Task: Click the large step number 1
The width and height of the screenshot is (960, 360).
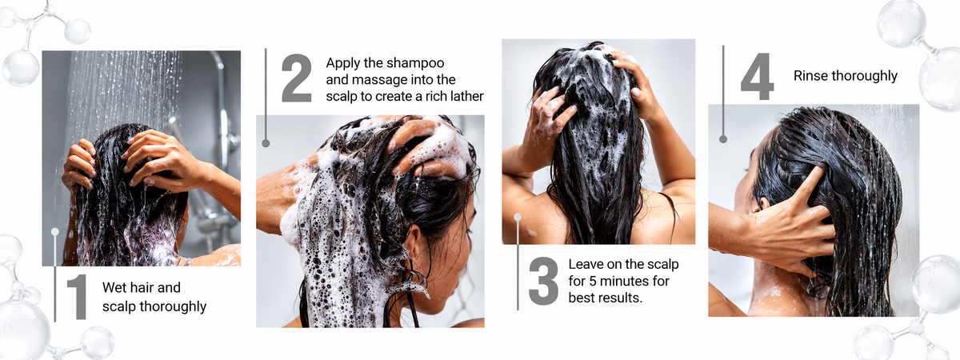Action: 78,297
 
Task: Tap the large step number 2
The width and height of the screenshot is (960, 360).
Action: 297,78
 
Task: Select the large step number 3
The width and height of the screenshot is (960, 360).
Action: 543,281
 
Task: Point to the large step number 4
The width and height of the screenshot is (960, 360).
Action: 758,76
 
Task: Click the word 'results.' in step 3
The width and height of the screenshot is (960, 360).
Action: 621,298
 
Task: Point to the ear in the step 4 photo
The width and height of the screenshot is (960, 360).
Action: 764,202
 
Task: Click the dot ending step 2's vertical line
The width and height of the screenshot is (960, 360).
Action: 266,143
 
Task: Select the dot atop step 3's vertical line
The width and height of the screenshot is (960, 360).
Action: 518,218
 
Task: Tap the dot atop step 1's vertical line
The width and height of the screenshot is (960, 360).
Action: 55,232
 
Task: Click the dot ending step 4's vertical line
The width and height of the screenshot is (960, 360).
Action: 723,139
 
